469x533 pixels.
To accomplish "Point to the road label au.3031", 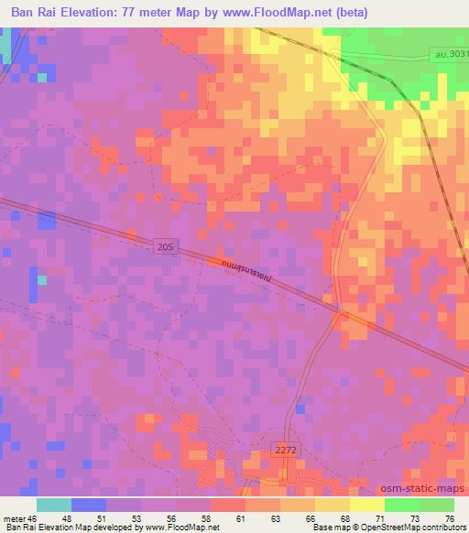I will pos(448,55).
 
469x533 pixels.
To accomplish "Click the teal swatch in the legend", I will pos(54,505).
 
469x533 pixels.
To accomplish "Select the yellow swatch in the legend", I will pos(366,505).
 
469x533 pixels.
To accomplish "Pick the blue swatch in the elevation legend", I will pos(89,505).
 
